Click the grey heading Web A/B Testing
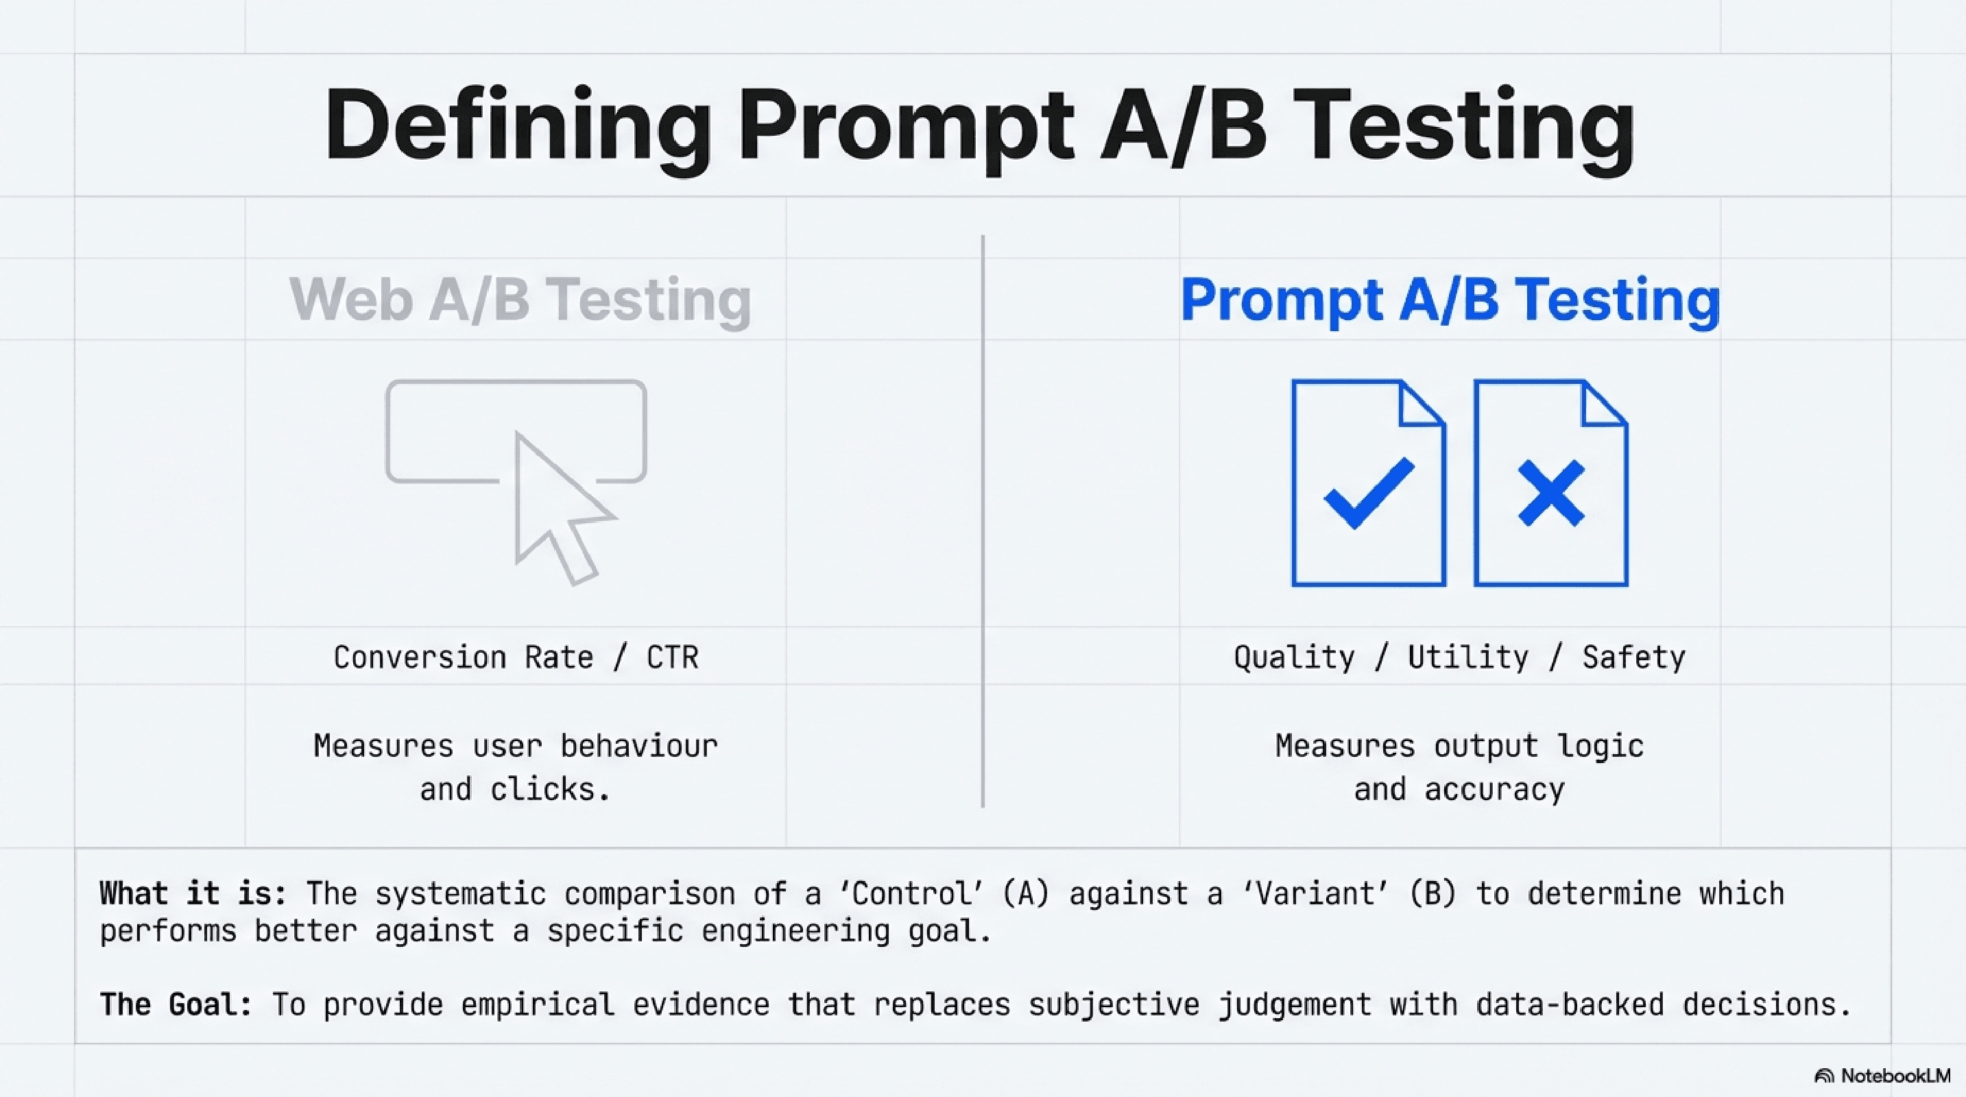pos(520,299)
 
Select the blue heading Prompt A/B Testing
pos(1450,299)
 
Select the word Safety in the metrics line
pos(1633,658)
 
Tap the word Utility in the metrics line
pos(1468,658)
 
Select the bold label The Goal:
pos(176,1004)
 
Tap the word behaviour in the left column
pos(639,746)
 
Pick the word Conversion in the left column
pos(420,658)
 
